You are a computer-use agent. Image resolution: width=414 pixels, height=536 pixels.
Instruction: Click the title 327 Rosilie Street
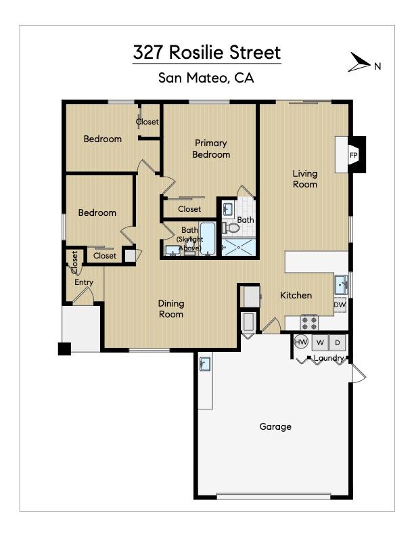206,53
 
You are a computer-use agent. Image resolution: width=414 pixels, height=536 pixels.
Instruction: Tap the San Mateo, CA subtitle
206,78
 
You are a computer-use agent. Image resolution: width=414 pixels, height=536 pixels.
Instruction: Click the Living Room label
304,179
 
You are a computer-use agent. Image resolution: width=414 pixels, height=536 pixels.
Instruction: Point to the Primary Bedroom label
210,149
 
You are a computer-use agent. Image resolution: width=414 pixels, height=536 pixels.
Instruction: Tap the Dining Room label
171,309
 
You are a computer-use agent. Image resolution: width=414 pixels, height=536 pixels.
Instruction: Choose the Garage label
275,426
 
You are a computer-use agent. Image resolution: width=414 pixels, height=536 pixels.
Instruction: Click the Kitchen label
296,295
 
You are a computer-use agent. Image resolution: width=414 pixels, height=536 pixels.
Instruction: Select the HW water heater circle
302,342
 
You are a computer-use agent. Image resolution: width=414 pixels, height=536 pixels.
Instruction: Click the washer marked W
319,342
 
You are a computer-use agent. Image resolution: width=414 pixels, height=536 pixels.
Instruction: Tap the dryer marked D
338,342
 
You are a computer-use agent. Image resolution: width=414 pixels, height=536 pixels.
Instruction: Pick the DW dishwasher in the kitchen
340,305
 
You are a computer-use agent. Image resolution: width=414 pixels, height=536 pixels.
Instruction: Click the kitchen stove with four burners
309,321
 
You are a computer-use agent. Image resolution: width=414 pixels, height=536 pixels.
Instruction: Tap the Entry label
84,282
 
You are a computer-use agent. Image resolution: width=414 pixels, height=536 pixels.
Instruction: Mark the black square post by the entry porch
64,349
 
